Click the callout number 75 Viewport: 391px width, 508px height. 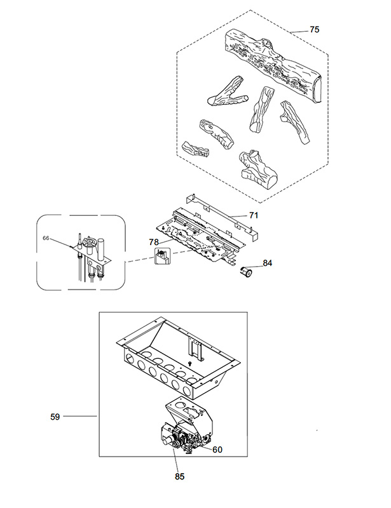(x=315, y=29)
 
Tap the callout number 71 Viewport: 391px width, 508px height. (x=254, y=215)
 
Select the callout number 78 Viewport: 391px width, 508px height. (x=154, y=242)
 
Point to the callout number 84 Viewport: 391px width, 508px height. (x=267, y=263)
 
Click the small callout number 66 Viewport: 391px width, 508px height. (x=46, y=238)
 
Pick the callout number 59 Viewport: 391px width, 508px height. (x=55, y=417)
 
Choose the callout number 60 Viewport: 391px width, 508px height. (x=217, y=450)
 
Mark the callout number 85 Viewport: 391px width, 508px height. (x=179, y=477)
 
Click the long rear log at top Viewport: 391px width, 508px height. (x=273, y=65)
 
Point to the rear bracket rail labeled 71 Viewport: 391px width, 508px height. (x=221, y=217)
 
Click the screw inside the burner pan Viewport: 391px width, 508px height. (x=190, y=364)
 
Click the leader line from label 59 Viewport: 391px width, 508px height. (x=80, y=417)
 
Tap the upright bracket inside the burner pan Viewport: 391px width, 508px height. (x=196, y=350)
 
